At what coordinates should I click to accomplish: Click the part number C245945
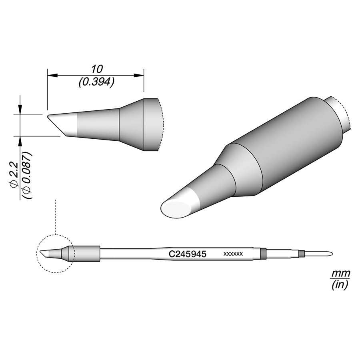pos(187,254)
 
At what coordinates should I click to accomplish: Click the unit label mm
pos(340,274)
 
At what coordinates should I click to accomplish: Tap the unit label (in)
pos(340,285)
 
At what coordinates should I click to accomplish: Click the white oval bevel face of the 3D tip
pos(176,209)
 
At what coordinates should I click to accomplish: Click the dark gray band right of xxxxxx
pos(263,253)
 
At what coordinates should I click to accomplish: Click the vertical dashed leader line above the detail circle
pos(55,216)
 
